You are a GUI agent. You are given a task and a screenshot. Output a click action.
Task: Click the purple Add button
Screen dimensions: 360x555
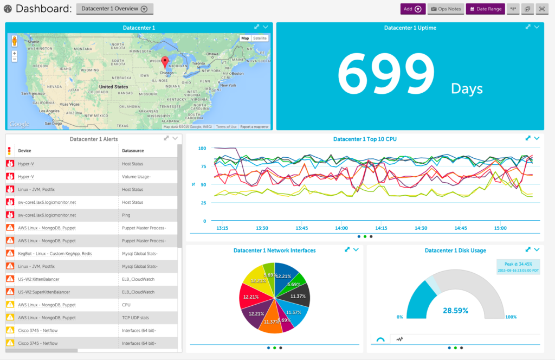412,9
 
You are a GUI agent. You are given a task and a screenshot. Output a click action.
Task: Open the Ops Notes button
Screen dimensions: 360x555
445,9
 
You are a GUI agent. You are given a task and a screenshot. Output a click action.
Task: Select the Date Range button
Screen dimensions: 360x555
485,9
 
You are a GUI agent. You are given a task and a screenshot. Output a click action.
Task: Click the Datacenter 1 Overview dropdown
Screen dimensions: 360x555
114,9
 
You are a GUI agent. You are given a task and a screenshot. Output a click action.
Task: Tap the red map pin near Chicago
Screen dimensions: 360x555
166,62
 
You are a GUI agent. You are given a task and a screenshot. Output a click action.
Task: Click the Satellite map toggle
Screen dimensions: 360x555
260,38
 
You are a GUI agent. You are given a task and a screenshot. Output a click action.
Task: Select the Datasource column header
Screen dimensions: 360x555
133,151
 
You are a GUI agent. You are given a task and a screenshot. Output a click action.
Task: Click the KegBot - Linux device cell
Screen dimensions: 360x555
55,253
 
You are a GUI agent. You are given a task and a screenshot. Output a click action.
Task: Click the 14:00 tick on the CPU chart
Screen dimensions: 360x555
341,228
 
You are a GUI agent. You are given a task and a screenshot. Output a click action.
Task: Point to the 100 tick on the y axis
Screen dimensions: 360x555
202,148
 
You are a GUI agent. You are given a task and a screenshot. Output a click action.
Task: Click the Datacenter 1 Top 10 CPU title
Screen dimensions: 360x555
365,139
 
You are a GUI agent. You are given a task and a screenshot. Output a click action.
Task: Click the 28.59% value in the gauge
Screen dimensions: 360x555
455,311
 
